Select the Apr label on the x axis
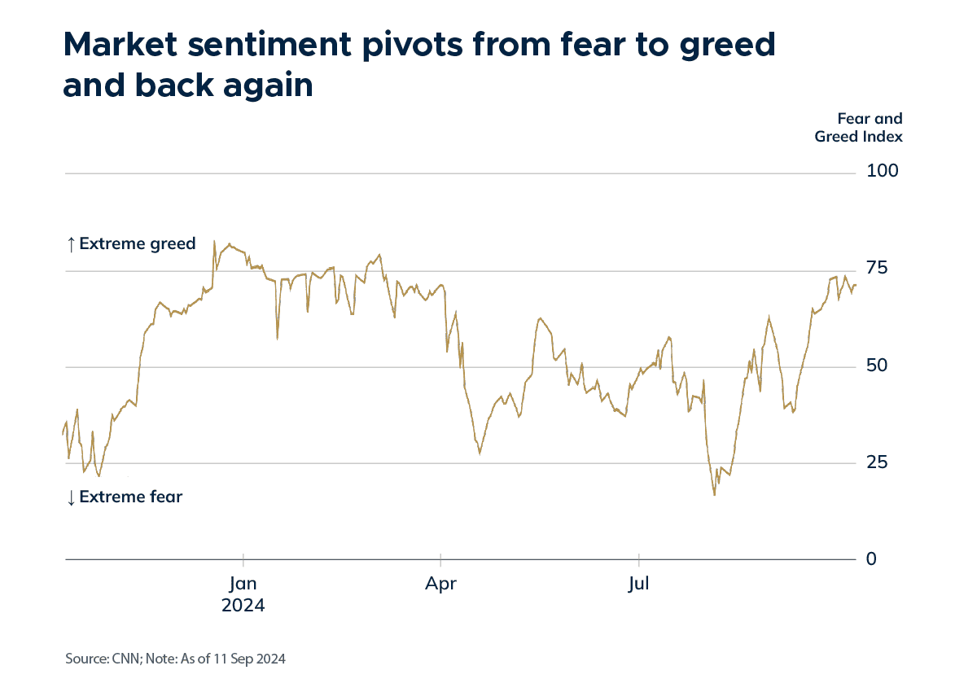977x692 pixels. click(440, 584)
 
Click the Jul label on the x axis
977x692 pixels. click(639, 584)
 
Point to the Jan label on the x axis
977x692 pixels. click(243, 584)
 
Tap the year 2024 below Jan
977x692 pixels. click(243, 606)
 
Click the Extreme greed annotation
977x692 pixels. click(137, 243)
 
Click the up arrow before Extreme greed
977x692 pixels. click(71, 243)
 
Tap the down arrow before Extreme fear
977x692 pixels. click(71, 497)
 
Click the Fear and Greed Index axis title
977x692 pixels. click(859, 128)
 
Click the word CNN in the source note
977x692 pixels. click(120, 659)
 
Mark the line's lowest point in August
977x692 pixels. click(714, 494)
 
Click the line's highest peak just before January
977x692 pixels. click(214, 241)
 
